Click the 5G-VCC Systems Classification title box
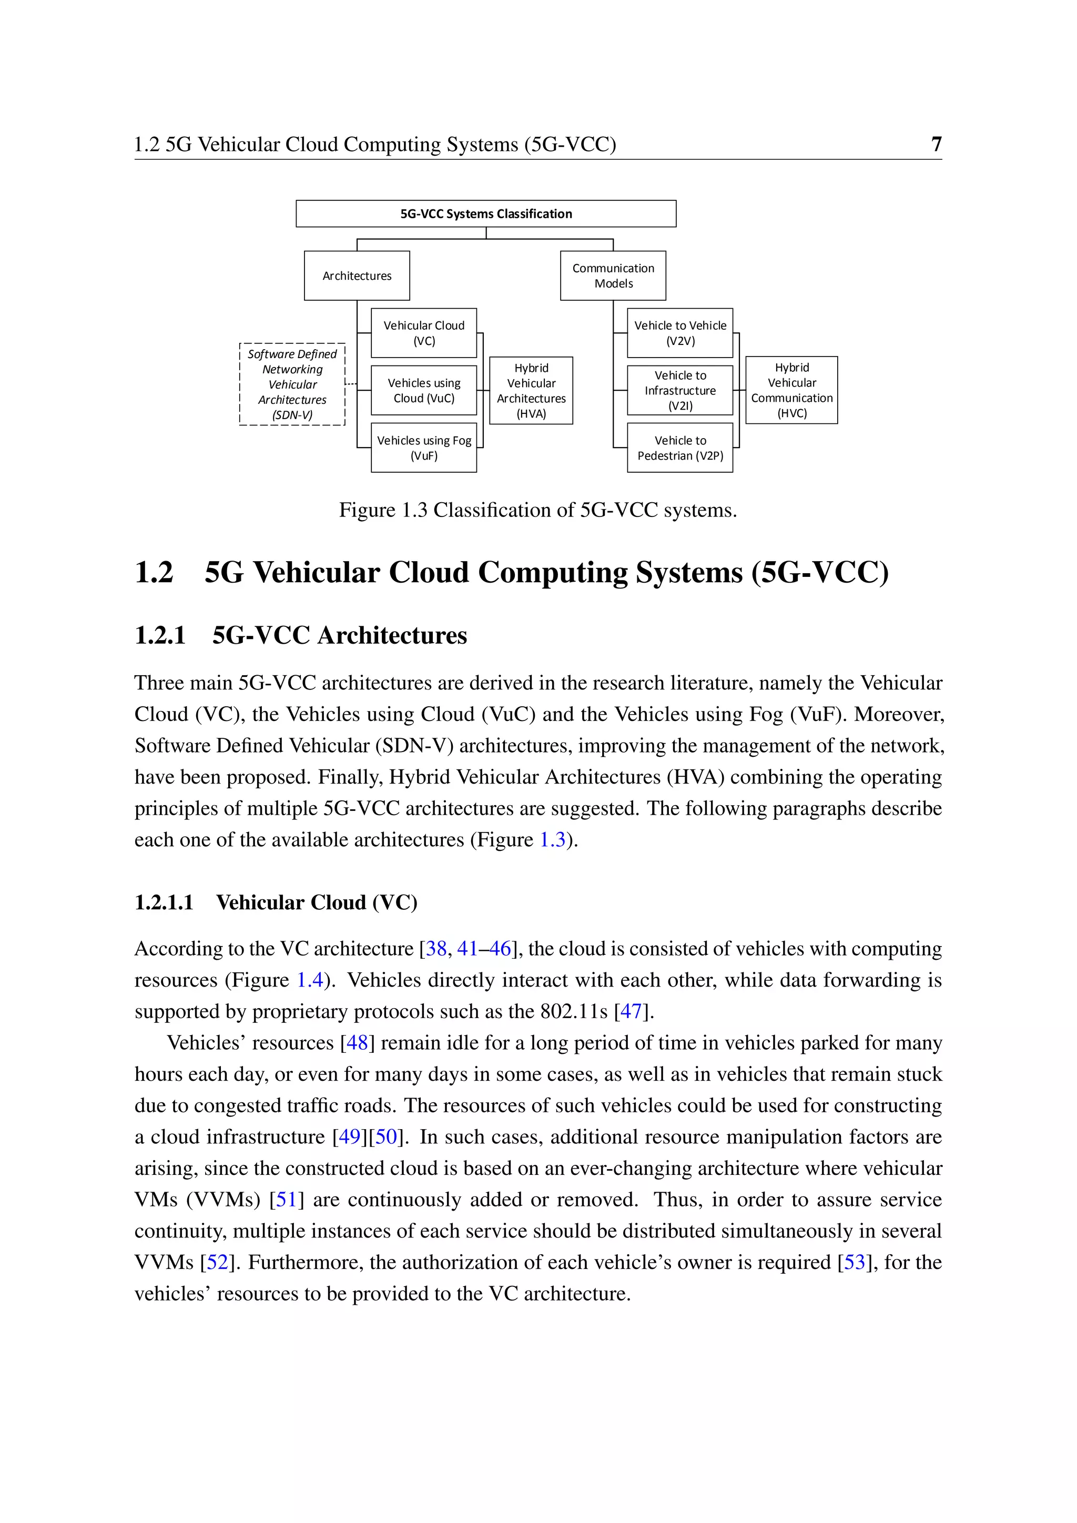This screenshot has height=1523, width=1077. click(485, 214)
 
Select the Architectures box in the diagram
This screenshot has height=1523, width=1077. click(357, 275)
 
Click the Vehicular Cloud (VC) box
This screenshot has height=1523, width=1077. click(424, 333)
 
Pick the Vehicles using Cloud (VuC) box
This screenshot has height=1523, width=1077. click(424, 391)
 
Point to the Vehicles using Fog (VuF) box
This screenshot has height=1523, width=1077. click(424, 448)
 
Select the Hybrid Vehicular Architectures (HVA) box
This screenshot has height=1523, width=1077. click(531, 391)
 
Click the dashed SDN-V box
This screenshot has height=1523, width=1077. click(292, 384)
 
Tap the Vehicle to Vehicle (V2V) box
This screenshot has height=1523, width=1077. click(680, 333)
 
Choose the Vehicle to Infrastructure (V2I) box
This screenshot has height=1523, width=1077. click(680, 391)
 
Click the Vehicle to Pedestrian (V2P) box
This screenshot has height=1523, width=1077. click(680, 448)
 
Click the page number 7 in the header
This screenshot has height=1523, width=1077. click(936, 144)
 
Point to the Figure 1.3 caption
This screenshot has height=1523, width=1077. click(538, 510)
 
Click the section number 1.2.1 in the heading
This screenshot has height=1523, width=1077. click(160, 635)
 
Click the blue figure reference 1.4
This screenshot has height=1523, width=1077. click(310, 980)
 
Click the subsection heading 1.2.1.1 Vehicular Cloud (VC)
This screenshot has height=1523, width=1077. click(276, 903)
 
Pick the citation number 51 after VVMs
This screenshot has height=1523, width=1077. click(286, 1199)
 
